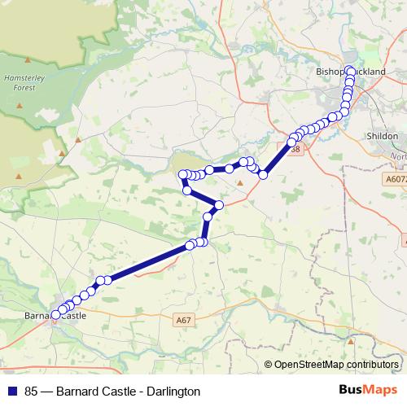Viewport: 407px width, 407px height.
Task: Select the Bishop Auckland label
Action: (350, 72)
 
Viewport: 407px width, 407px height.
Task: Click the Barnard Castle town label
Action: (55, 315)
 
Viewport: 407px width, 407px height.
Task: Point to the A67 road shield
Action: (184, 322)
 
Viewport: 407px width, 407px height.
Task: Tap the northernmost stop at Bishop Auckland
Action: (349, 70)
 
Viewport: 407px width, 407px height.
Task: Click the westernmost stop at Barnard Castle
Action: (56, 314)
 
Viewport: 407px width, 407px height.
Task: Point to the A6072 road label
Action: (396, 178)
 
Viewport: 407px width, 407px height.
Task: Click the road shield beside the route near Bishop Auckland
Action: (294, 149)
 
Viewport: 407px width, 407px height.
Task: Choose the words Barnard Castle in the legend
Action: (91, 392)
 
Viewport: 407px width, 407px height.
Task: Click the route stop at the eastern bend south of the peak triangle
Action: (218, 204)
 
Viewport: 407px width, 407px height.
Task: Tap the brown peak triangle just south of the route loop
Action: (240, 183)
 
